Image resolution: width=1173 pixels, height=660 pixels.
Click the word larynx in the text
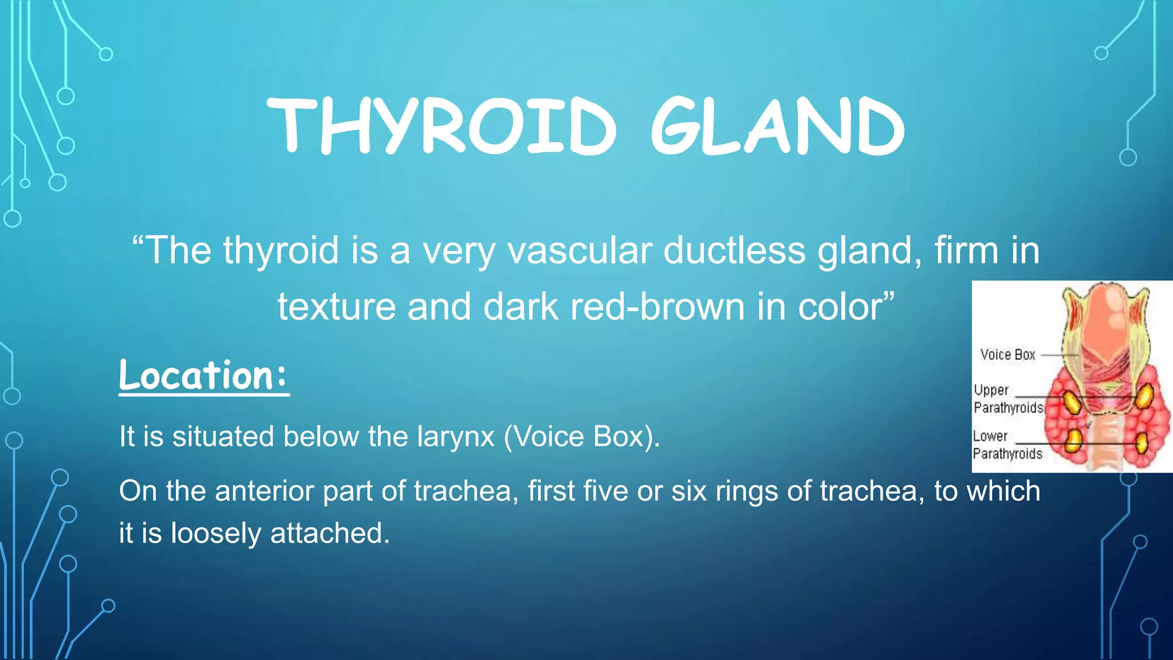[455, 437]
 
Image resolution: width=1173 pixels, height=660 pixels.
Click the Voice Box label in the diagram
[1007, 355]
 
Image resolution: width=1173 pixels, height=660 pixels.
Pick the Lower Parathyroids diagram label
[1007, 445]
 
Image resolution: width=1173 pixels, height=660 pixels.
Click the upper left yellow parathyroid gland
[1072, 402]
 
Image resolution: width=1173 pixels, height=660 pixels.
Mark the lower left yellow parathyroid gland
[1073, 440]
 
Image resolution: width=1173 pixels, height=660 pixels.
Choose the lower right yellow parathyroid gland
[1141, 443]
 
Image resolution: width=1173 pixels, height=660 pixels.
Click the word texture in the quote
[337, 307]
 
